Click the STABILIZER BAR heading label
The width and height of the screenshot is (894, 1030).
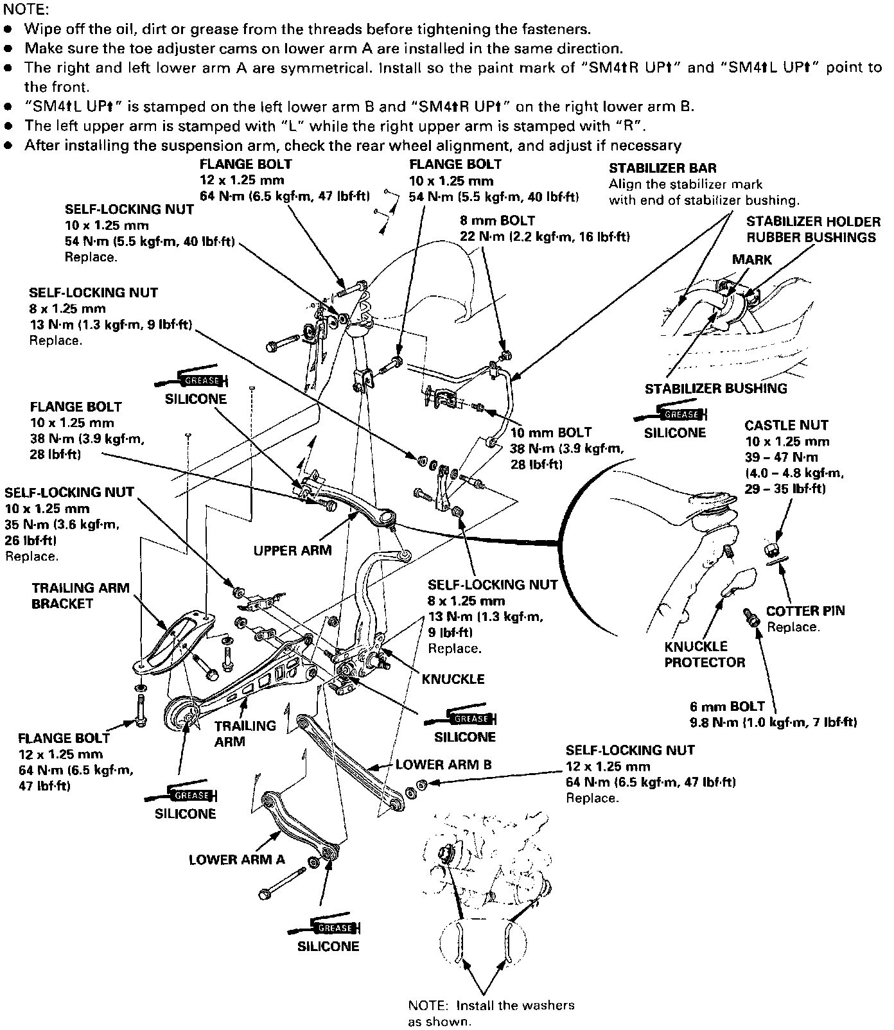tap(663, 168)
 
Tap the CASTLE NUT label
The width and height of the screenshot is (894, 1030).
tap(786, 425)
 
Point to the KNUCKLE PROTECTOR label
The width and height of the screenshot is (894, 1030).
tap(705, 654)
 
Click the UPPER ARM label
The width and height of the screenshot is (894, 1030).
tap(292, 550)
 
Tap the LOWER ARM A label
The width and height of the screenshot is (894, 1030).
tap(236, 860)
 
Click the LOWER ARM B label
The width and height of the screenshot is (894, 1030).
tap(443, 765)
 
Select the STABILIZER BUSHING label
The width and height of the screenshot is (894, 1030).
tap(715, 388)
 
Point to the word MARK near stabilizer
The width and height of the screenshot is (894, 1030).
tap(752, 259)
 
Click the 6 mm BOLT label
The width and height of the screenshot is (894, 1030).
tap(724, 706)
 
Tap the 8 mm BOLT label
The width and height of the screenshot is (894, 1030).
tap(497, 220)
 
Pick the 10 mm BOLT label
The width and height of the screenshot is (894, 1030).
tap(550, 432)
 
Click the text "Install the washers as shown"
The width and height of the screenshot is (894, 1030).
tap(491, 1013)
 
